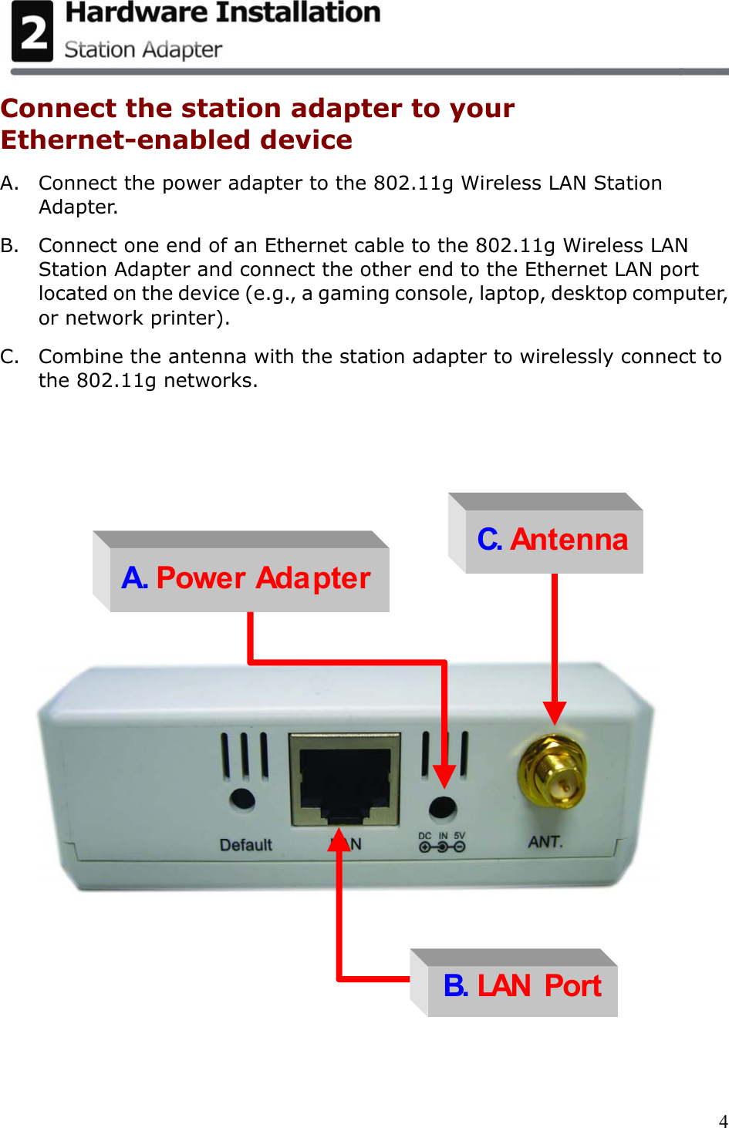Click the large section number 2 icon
coord(32,32)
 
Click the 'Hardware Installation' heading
coord(223,13)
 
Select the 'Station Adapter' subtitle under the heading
coord(143,50)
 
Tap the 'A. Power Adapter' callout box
coord(247,578)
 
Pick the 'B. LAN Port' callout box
coord(522,985)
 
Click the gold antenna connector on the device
coord(552,773)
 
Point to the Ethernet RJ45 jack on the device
coord(345,779)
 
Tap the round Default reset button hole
coord(242,799)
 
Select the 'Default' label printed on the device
coord(246,845)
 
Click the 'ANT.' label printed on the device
coord(545,842)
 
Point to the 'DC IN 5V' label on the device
coord(442,842)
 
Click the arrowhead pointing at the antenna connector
coord(555,712)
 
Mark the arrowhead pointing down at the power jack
coord(444,776)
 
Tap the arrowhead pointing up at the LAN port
coord(339,840)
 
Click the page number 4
coord(723,1120)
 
